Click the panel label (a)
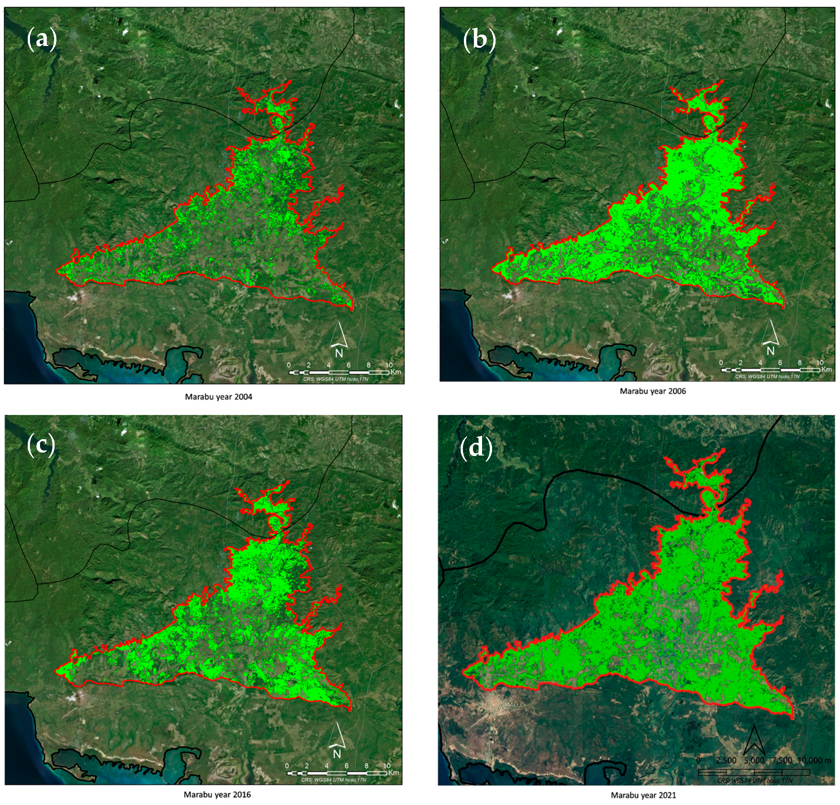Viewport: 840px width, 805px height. [x=42, y=39]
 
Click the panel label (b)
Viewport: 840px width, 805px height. [x=479, y=39]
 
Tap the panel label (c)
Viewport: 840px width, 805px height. [x=41, y=445]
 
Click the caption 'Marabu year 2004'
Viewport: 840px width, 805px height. [x=218, y=397]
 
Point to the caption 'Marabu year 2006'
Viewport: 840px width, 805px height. [x=653, y=391]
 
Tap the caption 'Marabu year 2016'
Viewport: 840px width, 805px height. [x=217, y=795]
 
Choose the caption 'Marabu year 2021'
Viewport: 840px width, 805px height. [x=643, y=795]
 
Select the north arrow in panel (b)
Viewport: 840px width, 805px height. [x=770, y=332]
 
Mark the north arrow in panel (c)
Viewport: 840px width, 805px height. [x=337, y=735]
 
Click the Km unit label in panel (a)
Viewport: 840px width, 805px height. [x=395, y=372]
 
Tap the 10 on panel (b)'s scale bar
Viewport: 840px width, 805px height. [x=820, y=363]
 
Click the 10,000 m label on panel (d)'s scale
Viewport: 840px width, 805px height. [x=814, y=760]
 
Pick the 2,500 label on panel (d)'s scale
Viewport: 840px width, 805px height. [x=726, y=760]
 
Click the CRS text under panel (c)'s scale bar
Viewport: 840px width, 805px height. [x=334, y=780]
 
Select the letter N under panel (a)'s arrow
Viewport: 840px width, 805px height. [x=339, y=353]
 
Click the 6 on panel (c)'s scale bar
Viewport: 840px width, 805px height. [x=347, y=766]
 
